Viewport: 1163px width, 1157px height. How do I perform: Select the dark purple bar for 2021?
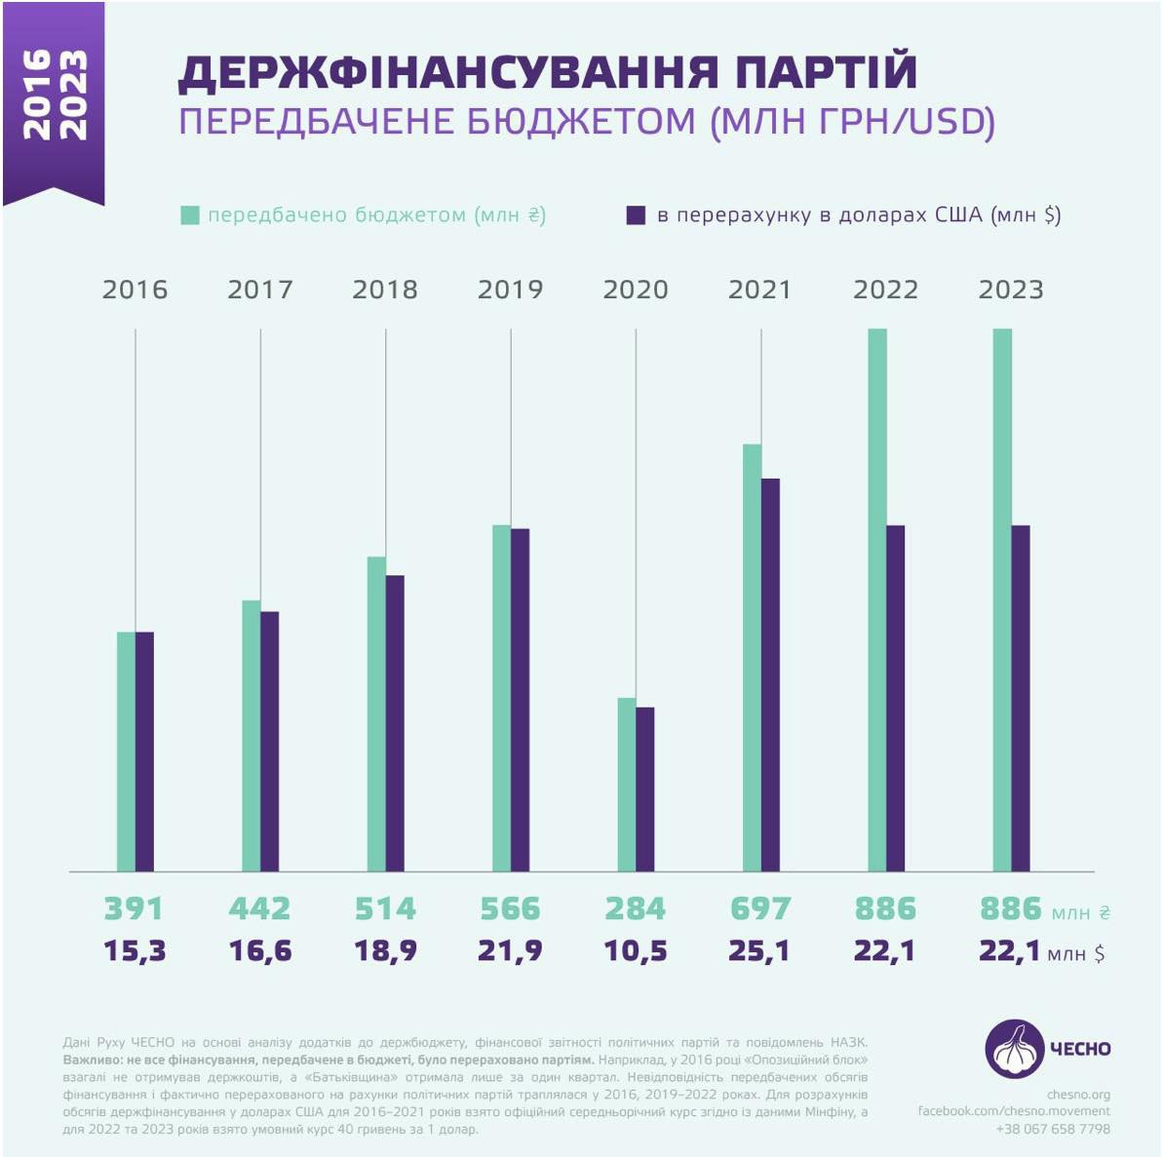(770, 675)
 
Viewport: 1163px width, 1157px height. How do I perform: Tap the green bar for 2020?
(627, 784)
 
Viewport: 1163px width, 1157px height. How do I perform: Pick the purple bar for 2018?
(395, 722)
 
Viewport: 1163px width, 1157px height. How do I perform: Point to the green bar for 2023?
(1002, 599)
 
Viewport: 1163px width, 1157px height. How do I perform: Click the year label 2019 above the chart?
(510, 289)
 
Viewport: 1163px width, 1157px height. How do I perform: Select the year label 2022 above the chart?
(885, 289)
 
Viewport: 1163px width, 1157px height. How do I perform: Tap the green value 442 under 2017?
(259, 908)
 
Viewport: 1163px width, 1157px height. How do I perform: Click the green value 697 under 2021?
(760, 908)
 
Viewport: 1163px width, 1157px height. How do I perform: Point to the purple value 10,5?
(636, 950)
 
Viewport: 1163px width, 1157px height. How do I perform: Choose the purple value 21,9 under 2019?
(510, 950)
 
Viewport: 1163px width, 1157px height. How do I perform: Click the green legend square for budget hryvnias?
(190, 215)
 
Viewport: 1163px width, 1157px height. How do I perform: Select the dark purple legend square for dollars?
(636, 215)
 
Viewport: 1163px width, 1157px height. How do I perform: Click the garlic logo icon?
(1014, 1049)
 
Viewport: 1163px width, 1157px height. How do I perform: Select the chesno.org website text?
(1078, 1095)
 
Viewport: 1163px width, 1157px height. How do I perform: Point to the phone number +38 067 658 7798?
(1053, 1129)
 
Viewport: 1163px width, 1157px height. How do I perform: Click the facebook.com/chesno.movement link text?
(1014, 1111)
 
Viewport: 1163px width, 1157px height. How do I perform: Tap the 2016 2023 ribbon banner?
(54, 97)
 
